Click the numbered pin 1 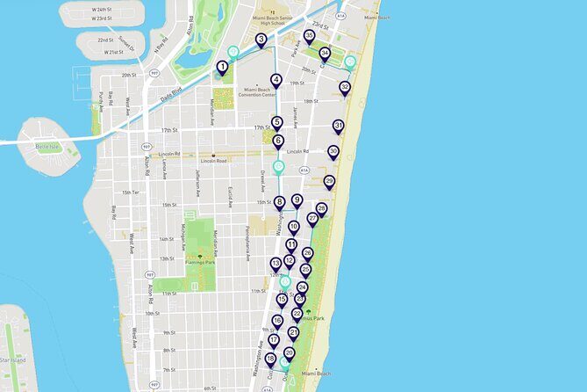pos(223,66)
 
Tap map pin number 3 pos(261,40)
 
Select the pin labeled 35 pos(309,36)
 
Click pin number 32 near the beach pos(345,87)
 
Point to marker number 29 pos(329,181)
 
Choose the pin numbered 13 pos(276,263)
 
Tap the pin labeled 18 pos(270,359)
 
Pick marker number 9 pos(297,200)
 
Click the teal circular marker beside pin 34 pos(350,62)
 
